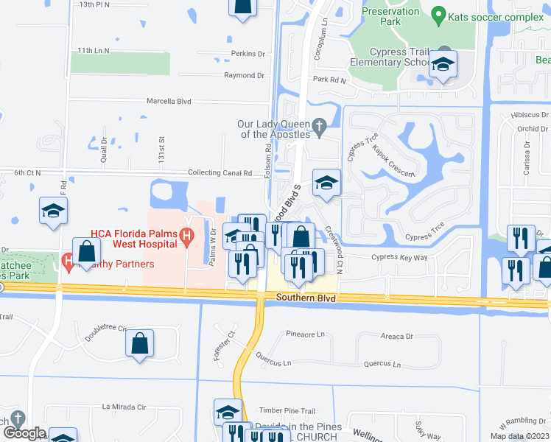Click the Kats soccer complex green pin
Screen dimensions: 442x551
click(439, 15)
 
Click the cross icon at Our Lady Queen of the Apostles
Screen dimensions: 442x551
click(319, 129)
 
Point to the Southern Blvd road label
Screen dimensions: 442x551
click(306, 298)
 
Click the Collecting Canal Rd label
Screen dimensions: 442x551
click(221, 173)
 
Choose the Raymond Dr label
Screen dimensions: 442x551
click(244, 75)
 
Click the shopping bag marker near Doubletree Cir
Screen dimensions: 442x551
click(139, 343)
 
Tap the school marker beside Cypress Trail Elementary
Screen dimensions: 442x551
click(443, 66)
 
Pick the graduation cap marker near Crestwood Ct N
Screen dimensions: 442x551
click(326, 184)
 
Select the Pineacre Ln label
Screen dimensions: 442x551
click(305, 334)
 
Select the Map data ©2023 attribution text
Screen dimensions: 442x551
click(515, 436)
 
